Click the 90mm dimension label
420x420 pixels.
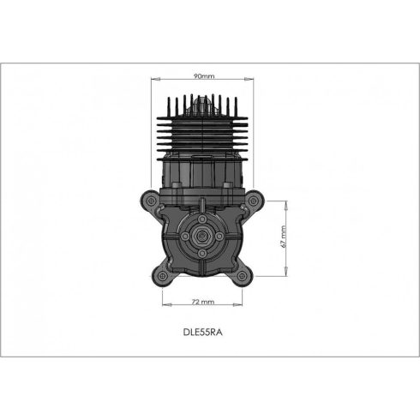pyautogui.click(x=203, y=75)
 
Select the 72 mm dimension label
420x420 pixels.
pyautogui.click(x=203, y=302)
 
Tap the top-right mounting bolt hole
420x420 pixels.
pyautogui.click(x=255, y=202)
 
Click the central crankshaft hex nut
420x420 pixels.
pyautogui.click(x=203, y=239)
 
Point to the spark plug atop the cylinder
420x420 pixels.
pyautogui.click(x=203, y=104)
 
